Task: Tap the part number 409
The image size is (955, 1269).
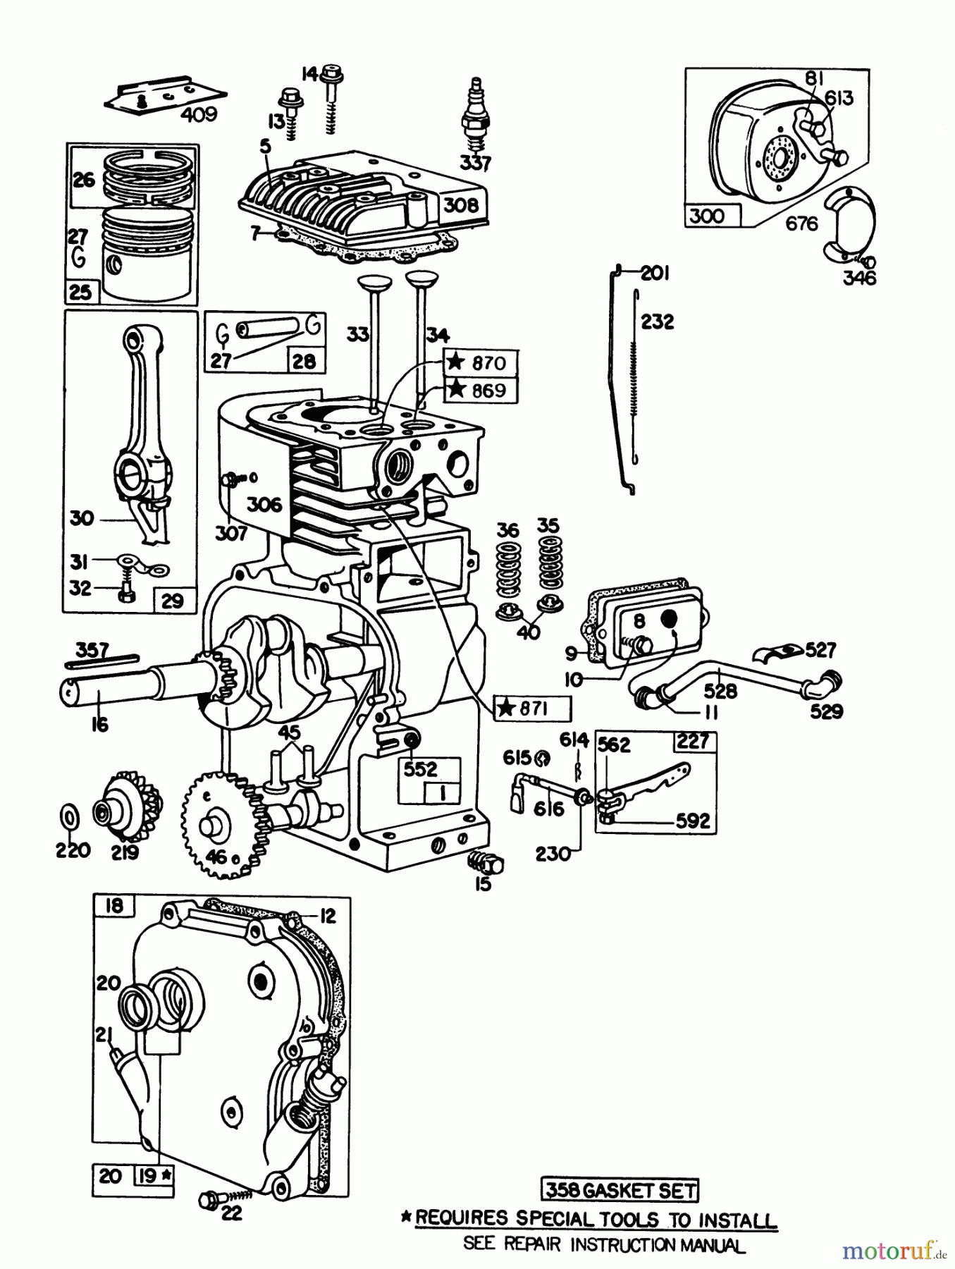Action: (x=198, y=114)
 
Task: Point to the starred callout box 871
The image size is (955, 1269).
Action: (x=532, y=709)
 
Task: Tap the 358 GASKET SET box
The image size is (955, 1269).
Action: (x=620, y=1191)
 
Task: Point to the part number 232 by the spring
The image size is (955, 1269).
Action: (x=657, y=321)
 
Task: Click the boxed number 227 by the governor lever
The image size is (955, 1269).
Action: (x=693, y=741)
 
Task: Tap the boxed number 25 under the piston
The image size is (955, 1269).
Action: (x=82, y=292)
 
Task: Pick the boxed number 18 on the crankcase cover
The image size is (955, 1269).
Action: (x=114, y=906)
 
